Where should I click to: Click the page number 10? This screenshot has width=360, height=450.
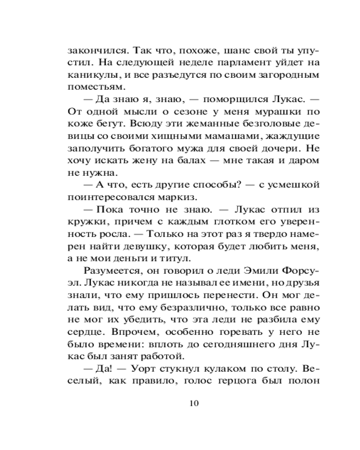194,402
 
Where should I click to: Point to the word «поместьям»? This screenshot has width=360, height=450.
89,85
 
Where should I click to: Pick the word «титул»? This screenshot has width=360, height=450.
180,258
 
